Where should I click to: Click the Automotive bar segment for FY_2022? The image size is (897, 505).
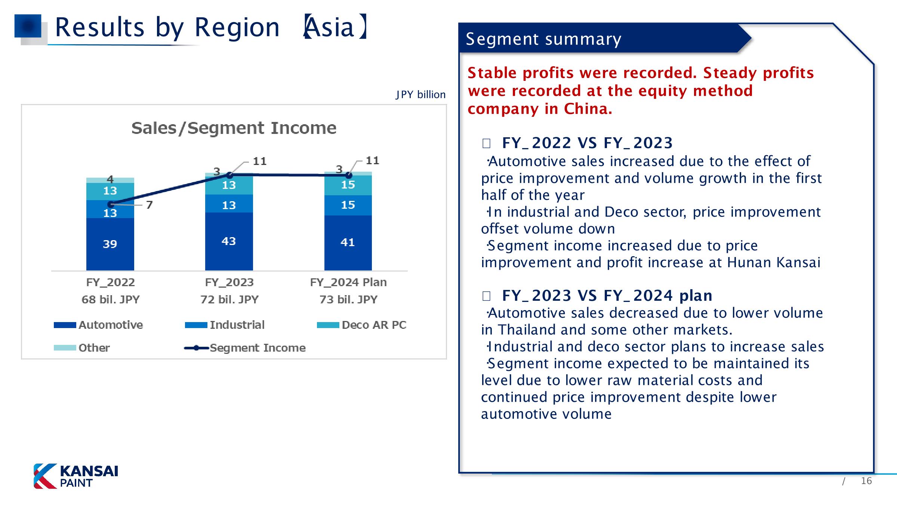pyautogui.click(x=110, y=244)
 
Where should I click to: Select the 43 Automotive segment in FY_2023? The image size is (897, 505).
pyautogui.click(x=229, y=241)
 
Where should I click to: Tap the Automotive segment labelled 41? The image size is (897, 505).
pyautogui.click(x=348, y=243)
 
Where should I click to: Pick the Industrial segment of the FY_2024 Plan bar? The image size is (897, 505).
pyautogui.click(x=348, y=205)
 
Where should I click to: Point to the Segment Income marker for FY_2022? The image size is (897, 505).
pyautogui.click(x=111, y=204)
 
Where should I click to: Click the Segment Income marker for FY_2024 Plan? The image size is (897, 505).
pyautogui.click(x=349, y=175)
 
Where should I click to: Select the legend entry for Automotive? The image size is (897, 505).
pyautogui.click(x=98, y=325)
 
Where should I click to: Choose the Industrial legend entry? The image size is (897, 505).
pyautogui.click(x=225, y=325)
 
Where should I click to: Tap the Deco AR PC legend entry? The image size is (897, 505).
pyautogui.click(x=361, y=325)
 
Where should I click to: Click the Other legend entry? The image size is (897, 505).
pyautogui.click(x=82, y=348)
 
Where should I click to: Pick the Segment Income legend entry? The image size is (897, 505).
pyautogui.click(x=245, y=348)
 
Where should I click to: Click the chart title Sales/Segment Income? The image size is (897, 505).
pyautogui.click(x=234, y=128)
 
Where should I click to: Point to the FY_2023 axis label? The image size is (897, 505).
pyautogui.click(x=229, y=282)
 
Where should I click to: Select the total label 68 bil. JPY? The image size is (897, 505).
pyautogui.click(x=110, y=299)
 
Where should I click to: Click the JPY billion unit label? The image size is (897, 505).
pyautogui.click(x=421, y=95)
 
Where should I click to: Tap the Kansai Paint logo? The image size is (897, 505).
pyautogui.click(x=76, y=476)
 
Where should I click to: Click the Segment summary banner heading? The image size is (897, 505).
pyautogui.click(x=543, y=39)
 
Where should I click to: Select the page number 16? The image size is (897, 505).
pyautogui.click(x=866, y=481)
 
